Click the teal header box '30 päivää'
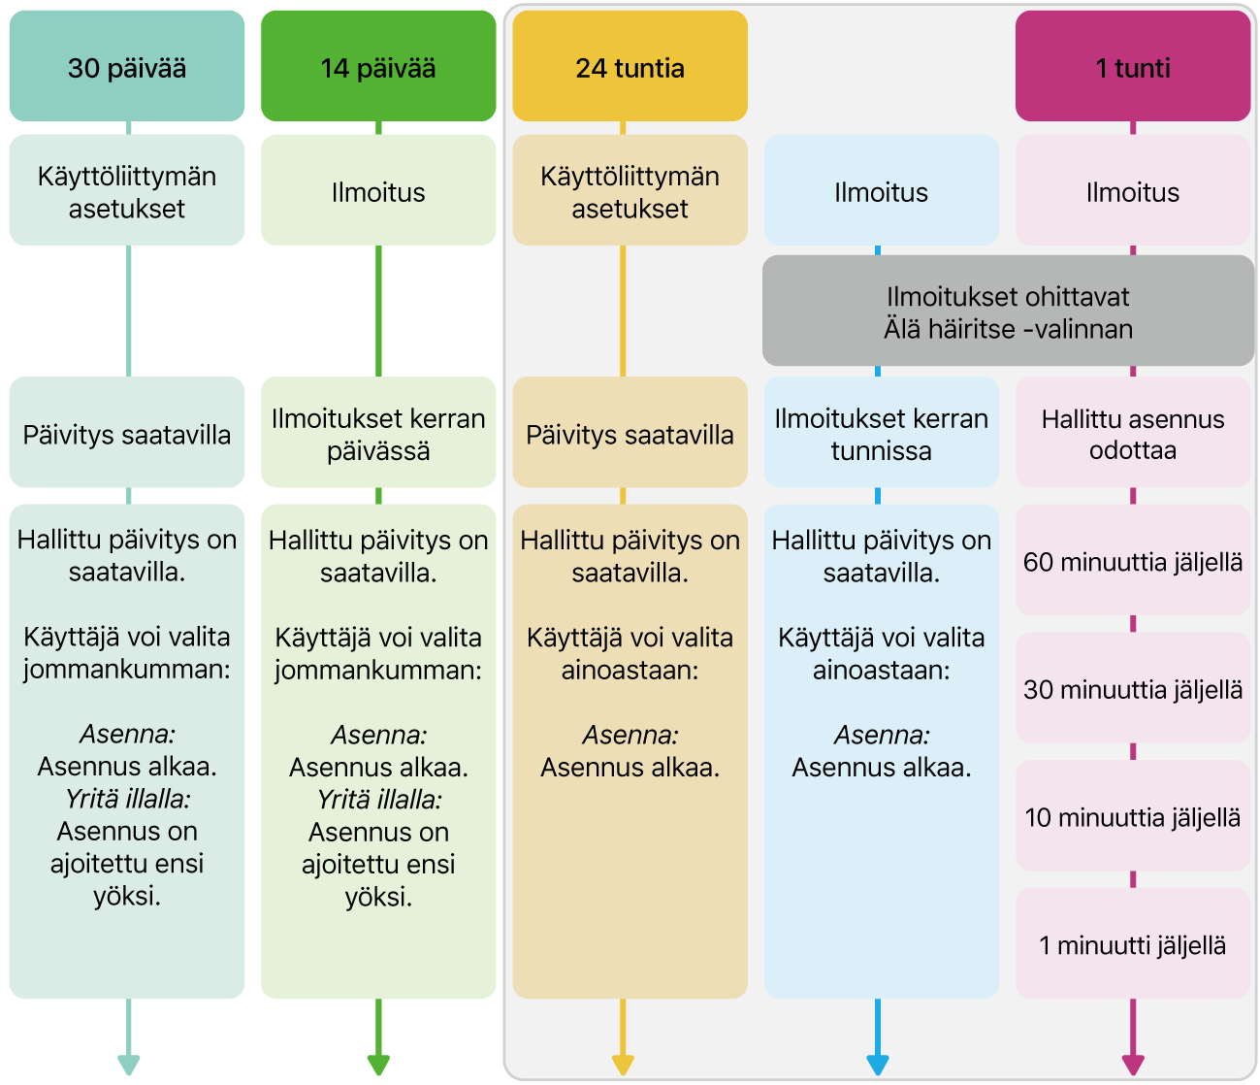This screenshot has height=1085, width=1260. [x=127, y=67]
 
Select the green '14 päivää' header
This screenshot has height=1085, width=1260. [x=378, y=67]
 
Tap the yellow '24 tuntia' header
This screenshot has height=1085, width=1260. [x=630, y=67]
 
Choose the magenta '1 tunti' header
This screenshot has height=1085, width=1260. [x=1132, y=67]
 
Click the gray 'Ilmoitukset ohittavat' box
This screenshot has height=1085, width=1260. [x=1008, y=312]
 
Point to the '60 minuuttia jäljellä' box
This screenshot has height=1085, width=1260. [x=1132, y=561]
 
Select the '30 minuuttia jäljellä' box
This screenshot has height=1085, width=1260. [x=1132, y=689]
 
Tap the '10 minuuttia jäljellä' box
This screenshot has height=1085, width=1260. [x=1132, y=817]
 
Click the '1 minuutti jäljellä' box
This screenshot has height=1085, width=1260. [x=1132, y=944]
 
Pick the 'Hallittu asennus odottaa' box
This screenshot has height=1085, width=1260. [x=1132, y=433]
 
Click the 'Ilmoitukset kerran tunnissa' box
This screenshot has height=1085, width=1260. [x=881, y=433]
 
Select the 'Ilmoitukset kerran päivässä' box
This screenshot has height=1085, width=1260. [x=378, y=433]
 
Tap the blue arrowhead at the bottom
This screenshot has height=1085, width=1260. [x=878, y=1064]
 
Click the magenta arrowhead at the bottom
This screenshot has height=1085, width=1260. [x=1132, y=1064]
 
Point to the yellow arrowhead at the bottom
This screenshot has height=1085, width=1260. [x=623, y=1064]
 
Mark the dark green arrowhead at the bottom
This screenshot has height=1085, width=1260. [x=378, y=1064]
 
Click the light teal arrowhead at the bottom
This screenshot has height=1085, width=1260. [x=128, y=1064]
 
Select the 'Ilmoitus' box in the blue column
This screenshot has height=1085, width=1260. [x=881, y=191]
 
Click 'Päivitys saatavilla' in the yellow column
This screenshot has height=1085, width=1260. [x=630, y=434]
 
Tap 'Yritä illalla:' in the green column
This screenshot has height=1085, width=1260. [x=378, y=800]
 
